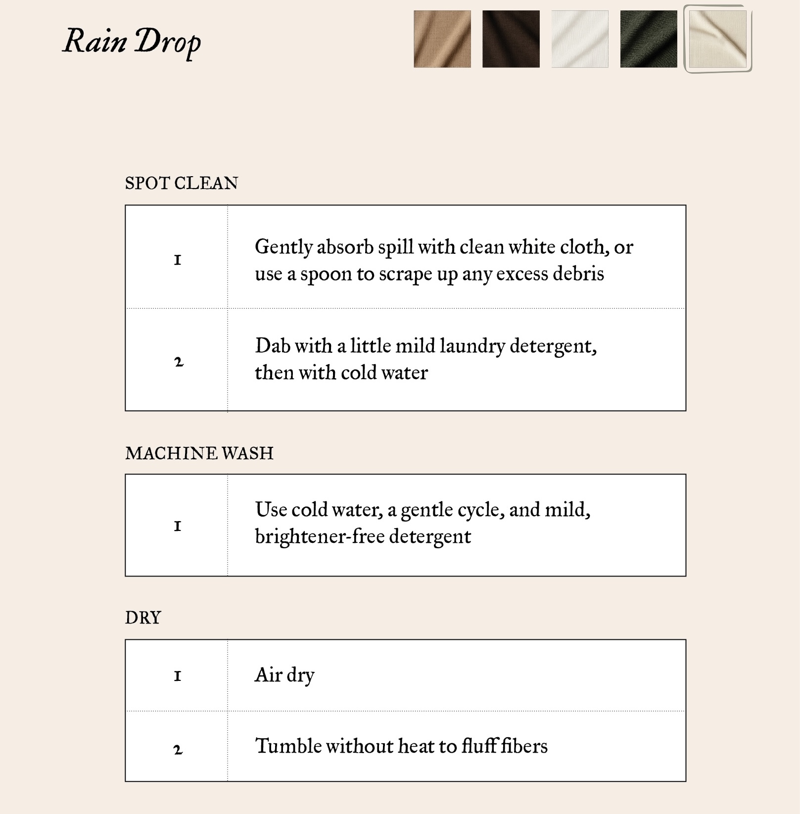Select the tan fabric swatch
442,39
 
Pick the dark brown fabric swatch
511,39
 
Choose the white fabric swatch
579,39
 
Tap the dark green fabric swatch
648,39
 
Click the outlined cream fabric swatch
717,39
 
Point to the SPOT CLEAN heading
181,184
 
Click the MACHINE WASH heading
199,453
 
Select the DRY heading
143,618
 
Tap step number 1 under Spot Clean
178,260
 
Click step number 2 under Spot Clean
179,362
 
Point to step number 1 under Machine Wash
178,526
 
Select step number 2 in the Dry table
178,750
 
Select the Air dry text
284,675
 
